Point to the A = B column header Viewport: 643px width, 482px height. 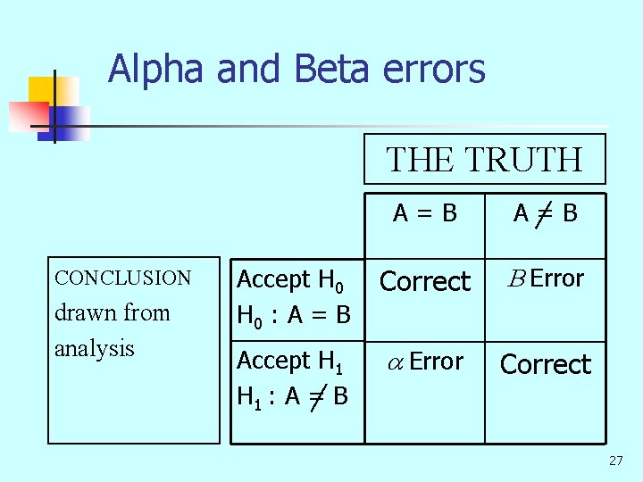425,213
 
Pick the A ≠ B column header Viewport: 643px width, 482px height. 545,213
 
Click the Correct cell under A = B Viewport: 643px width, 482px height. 425,281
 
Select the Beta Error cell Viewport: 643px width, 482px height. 545,278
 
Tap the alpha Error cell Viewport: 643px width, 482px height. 425,361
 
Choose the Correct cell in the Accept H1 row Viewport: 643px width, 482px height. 546,364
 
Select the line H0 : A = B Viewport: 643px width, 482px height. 293,314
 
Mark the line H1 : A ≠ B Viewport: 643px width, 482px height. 293,395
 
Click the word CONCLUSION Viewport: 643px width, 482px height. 123,278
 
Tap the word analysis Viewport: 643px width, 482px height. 94,347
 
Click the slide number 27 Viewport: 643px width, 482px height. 615,461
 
